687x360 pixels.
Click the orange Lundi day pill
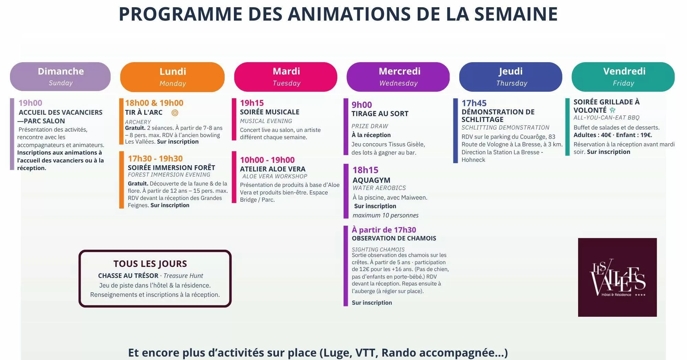pos(172,77)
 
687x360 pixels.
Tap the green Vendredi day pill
pos(623,77)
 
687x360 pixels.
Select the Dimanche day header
pos(60,77)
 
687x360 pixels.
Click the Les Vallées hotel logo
pos(617,277)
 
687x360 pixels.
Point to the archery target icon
pos(175,113)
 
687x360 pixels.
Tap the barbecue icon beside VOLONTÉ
pos(612,110)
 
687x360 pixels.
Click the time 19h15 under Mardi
pos(252,103)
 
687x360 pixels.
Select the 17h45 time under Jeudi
pos(474,103)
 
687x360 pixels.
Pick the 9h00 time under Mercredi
pos(362,105)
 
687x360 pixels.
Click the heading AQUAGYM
pos(371,180)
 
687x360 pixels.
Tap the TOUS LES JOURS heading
pos(150,264)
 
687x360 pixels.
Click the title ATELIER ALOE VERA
pos(273,169)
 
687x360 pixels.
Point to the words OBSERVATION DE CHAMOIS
pos(394,238)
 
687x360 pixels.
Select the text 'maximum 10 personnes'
pos(385,215)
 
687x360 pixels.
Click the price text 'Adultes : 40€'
pos(592,135)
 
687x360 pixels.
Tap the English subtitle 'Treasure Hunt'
pos(183,276)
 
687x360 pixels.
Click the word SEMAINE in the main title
pos(516,14)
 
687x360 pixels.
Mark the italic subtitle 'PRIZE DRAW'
pos(370,126)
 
